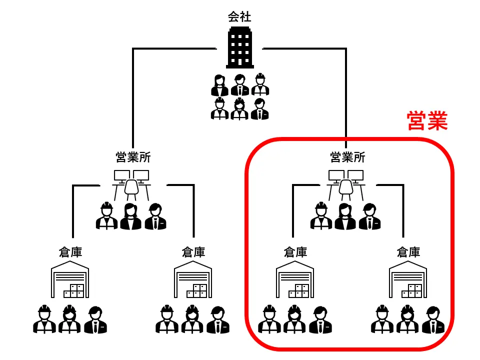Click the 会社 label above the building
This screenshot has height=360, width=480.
click(x=239, y=17)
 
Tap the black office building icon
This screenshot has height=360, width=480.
click(x=239, y=47)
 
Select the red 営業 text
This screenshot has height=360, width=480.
click(x=427, y=121)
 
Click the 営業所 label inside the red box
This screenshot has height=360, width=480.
click(x=347, y=157)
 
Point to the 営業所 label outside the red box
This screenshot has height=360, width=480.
click(x=133, y=157)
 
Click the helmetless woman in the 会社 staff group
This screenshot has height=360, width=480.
click(x=219, y=85)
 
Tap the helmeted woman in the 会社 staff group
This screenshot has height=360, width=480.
click(x=239, y=108)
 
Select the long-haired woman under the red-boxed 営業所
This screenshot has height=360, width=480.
click(x=345, y=216)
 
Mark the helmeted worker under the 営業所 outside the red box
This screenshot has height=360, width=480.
click(x=106, y=216)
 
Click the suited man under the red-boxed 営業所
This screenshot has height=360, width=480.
click(x=369, y=216)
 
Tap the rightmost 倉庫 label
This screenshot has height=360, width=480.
click(x=408, y=252)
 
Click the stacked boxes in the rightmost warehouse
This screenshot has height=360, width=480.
click(x=415, y=290)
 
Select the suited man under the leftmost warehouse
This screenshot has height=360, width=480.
click(x=95, y=320)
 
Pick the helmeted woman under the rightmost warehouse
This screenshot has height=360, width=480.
click(x=407, y=319)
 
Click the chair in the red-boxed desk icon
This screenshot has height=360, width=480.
click(x=346, y=188)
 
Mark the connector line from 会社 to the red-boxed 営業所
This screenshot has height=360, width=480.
click(x=345, y=90)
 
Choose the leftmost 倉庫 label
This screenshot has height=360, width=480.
click(x=70, y=252)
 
